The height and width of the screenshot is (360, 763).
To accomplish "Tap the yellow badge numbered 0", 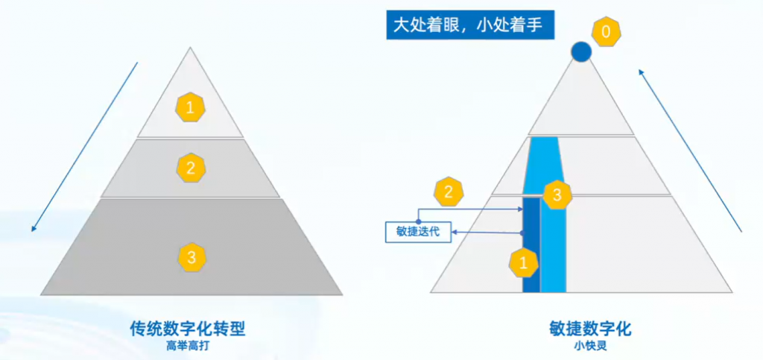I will [606, 31].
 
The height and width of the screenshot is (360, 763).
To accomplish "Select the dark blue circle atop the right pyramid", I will [581, 51].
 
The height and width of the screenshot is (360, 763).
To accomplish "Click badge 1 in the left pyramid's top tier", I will [190, 108].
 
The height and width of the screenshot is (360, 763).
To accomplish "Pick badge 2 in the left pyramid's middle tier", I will [191, 168].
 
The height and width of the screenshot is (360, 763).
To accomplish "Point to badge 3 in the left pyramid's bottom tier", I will [191, 258].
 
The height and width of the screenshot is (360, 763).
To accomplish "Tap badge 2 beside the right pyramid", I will [448, 192].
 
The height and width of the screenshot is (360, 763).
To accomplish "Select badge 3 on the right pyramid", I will [557, 196].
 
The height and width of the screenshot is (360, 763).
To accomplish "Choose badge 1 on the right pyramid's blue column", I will [523, 262].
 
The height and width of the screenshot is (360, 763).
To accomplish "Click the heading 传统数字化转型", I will [188, 328].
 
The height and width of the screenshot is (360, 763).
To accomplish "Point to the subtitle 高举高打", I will [188, 345].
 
